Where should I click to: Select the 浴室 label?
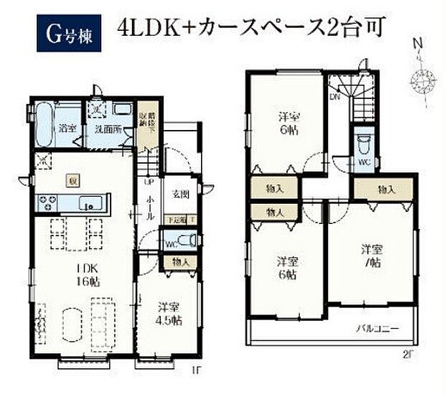point(67,131)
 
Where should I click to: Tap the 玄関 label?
point(180,195)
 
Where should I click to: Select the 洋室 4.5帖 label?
point(170,314)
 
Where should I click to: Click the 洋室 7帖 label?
point(372,257)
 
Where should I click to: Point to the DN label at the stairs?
point(334,95)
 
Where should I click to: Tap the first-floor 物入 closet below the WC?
point(180,263)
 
